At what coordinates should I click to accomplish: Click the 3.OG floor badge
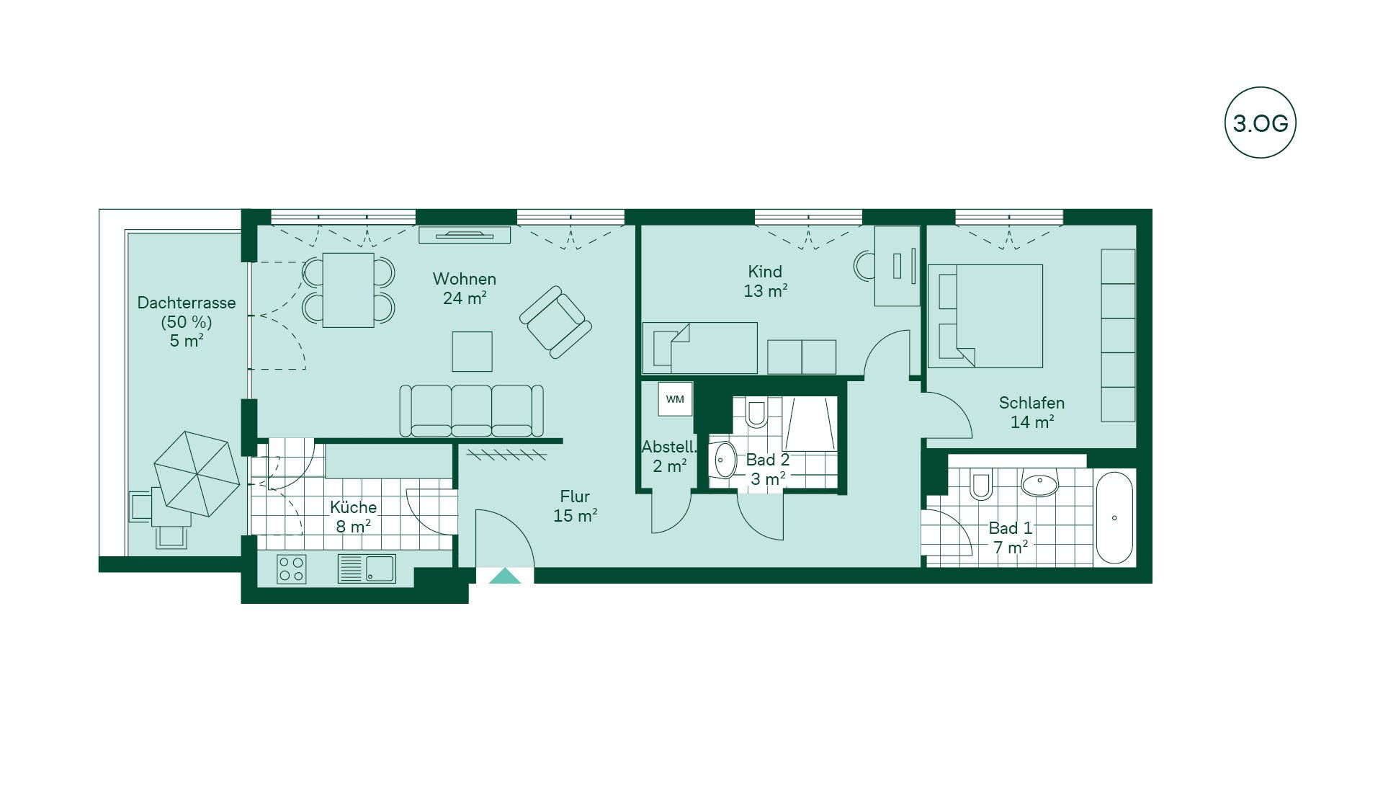click(1260, 122)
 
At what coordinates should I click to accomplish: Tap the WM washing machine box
click(675, 399)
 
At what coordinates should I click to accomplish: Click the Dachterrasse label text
click(187, 303)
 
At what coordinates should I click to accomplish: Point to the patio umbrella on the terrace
click(197, 473)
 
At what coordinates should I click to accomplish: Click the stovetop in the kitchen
click(292, 569)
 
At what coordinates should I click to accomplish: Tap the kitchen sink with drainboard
click(367, 568)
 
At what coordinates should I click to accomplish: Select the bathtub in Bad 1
click(1114, 517)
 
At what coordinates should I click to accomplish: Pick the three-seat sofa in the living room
click(471, 411)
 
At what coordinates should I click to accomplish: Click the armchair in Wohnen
click(555, 322)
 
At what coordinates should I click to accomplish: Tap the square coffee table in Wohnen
click(472, 352)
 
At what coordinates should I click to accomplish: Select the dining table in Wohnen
click(349, 290)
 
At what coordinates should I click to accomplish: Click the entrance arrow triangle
click(504, 576)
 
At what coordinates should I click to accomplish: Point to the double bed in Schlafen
click(985, 316)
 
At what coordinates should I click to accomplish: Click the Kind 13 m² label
click(765, 281)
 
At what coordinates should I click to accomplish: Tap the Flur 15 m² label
click(575, 506)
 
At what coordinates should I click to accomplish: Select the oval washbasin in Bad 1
click(1039, 484)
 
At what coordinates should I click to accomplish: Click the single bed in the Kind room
click(699, 348)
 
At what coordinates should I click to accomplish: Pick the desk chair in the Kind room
click(864, 266)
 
